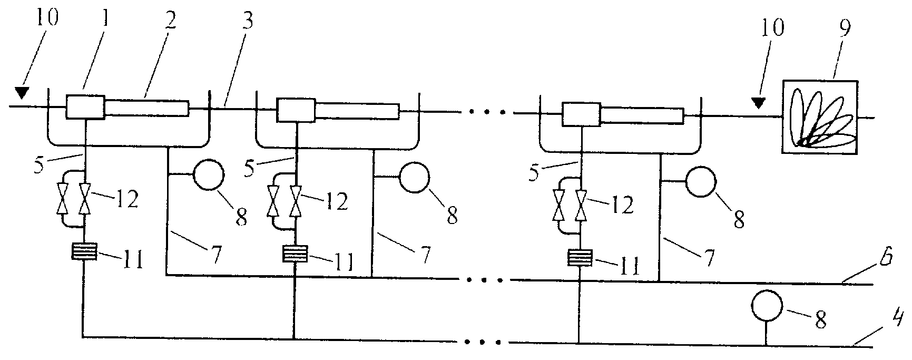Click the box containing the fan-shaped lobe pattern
tap(820, 118)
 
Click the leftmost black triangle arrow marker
tap(22, 93)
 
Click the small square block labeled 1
tap(85, 107)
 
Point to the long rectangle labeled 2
tap(147, 108)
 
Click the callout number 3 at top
tap(248, 22)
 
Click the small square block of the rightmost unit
tap(582, 115)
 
